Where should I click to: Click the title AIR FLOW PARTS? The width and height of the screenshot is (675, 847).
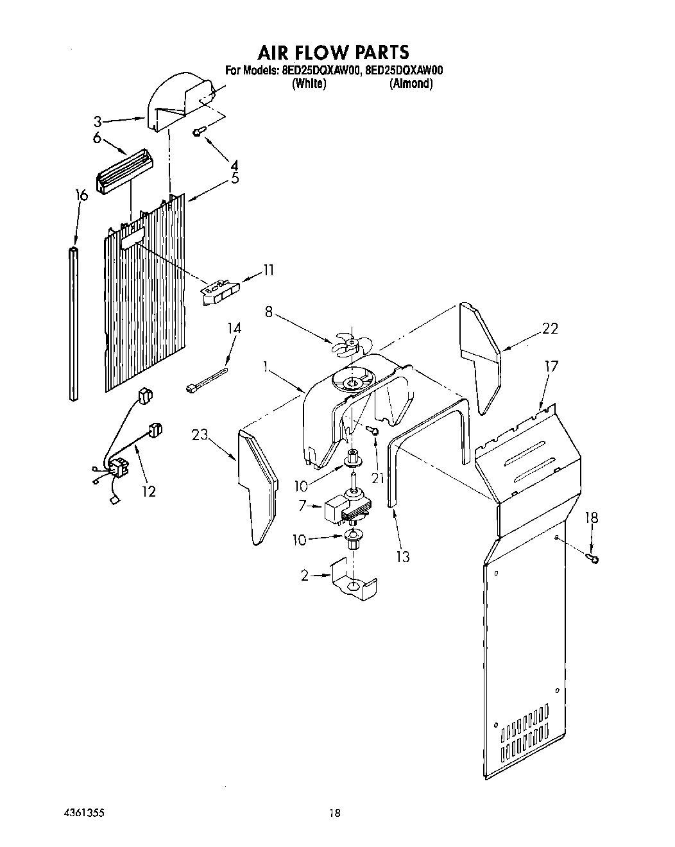coord(333,51)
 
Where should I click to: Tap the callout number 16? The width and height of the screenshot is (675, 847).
coord(81,195)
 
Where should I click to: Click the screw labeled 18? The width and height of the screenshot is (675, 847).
coord(594,559)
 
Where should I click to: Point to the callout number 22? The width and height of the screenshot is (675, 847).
coord(549,329)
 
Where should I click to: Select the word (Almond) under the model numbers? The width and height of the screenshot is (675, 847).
coord(411,84)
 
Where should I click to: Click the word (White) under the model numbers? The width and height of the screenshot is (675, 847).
coord(309,84)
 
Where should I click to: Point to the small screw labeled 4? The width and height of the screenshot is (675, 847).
coord(198,132)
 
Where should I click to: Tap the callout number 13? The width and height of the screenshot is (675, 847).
coord(402,557)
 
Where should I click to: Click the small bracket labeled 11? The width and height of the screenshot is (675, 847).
coord(220,291)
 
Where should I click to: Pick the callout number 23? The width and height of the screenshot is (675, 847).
coord(200,435)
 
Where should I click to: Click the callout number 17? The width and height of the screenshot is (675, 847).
coord(551,366)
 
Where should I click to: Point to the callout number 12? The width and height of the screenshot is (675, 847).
coord(149,492)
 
